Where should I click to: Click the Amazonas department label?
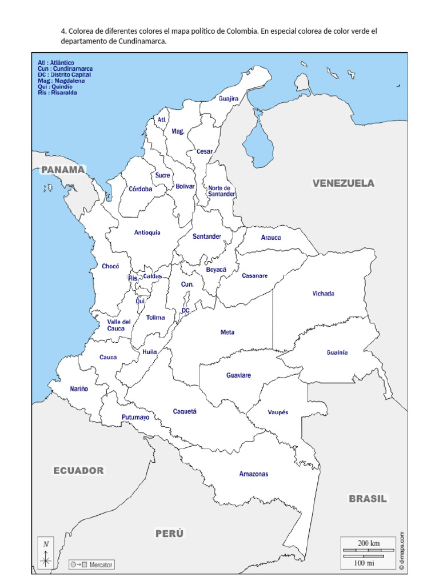(254, 474)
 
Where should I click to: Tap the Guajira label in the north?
(228, 98)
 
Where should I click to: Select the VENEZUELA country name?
(343, 183)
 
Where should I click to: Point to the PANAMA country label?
(63, 169)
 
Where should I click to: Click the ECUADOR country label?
(79, 471)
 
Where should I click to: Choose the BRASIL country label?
(368, 499)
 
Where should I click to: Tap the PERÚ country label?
(170, 534)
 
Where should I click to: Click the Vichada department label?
(323, 294)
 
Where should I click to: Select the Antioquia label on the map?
(147, 233)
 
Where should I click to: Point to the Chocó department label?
(110, 266)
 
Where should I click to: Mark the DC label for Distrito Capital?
(185, 310)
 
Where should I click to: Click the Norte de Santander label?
(221, 191)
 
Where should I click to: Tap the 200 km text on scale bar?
(368, 543)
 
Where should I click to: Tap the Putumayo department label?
(135, 418)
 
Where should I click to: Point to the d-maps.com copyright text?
(402, 550)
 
